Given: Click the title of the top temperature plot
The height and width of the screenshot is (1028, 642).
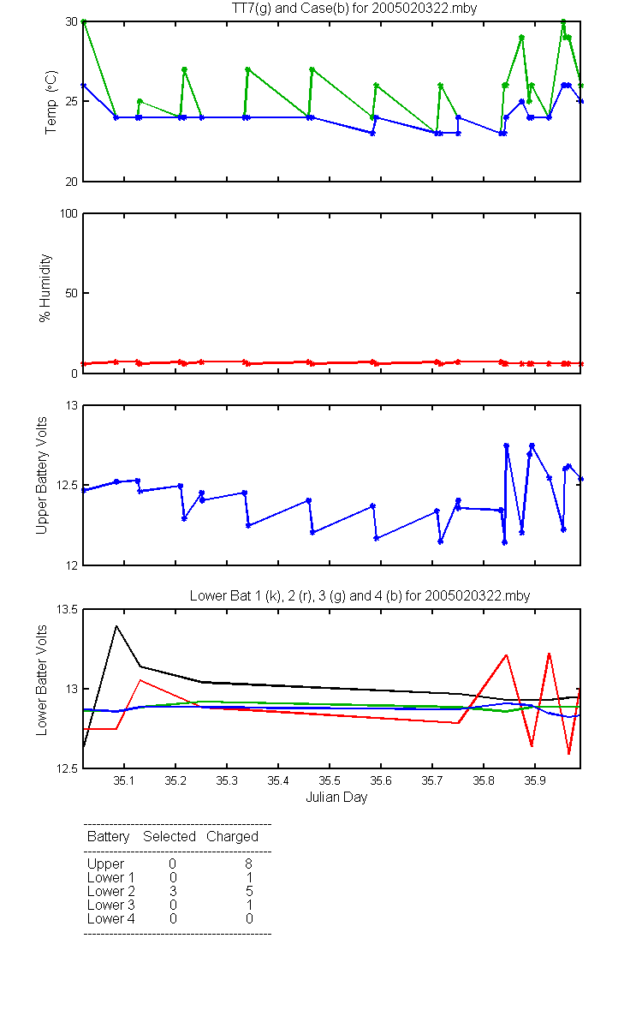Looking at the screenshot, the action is (354, 9).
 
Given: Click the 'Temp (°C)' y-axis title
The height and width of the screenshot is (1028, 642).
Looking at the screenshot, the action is (51, 102).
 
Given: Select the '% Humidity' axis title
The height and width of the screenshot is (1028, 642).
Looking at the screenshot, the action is (45, 288).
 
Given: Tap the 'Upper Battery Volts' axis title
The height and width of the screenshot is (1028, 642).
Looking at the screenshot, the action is (42, 475).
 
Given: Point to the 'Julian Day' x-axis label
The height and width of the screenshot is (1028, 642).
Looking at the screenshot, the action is (336, 798).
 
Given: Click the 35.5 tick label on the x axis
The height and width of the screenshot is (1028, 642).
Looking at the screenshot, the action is (330, 780).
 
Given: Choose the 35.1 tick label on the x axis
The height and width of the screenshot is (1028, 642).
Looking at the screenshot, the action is (124, 780).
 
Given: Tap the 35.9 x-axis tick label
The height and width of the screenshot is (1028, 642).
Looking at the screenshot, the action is (535, 780).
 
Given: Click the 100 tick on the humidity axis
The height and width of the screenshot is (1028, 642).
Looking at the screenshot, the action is (68, 213).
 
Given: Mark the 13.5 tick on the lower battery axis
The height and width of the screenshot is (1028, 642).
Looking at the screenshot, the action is (67, 609).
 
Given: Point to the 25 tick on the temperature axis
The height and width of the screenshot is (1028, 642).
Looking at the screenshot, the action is (72, 101).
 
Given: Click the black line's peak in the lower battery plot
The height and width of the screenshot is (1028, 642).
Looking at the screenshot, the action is (116, 626).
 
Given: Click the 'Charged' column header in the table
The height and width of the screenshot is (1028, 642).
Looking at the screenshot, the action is (232, 837).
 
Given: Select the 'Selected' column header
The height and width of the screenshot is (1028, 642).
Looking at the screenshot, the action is (169, 837).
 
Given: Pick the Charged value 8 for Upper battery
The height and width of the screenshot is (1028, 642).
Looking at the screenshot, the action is (248, 864).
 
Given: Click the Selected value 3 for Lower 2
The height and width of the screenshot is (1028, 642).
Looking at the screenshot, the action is (173, 891).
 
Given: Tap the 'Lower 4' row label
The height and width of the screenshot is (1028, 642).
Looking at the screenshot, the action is (111, 918).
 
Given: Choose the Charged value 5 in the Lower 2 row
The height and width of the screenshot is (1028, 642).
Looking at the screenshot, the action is (249, 891).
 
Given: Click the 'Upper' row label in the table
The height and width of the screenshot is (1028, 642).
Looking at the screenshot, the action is (105, 864).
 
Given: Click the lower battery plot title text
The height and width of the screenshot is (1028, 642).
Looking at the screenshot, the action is (360, 595).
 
